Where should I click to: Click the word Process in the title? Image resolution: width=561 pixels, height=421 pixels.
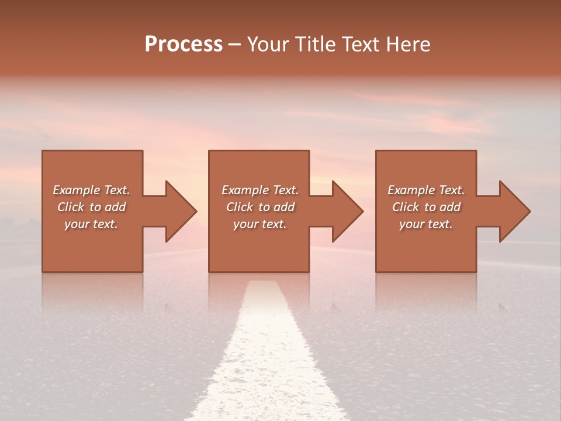click(183, 44)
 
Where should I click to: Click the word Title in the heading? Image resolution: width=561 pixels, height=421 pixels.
click(314, 44)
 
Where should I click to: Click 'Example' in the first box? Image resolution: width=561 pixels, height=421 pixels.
click(77, 190)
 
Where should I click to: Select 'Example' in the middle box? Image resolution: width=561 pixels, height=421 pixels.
click(245, 190)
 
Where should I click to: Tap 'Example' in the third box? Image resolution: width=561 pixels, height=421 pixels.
click(411, 190)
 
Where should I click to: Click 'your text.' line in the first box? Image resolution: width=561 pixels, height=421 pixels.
click(91, 224)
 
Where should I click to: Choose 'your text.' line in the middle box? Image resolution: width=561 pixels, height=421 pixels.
click(259, 224)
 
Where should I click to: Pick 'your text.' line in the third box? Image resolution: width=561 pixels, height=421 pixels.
click(425, 224)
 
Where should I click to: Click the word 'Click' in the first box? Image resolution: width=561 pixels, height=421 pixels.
click(71, 207)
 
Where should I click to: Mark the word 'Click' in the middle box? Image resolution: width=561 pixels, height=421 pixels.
click(240, 207)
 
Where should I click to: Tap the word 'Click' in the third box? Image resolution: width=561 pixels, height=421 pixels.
click(406, 207)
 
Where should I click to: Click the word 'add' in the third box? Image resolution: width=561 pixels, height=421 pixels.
click(450, 207)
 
